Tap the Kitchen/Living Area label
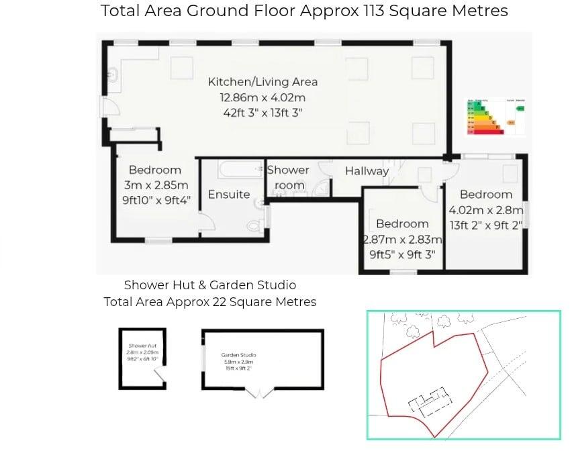point(263,82)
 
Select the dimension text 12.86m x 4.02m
point(263,97)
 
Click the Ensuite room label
point(228,195)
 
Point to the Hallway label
point(367,171)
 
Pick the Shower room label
point(289,177)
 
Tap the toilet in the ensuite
point(255,225)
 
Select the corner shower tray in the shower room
point(321,189)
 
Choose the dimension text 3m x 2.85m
point(155,185)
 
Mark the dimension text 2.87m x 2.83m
point(402,240)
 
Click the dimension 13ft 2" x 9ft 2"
point(485,225)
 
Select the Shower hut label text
point(142,346)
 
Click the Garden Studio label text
point(238,355)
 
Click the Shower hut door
point(160,381)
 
